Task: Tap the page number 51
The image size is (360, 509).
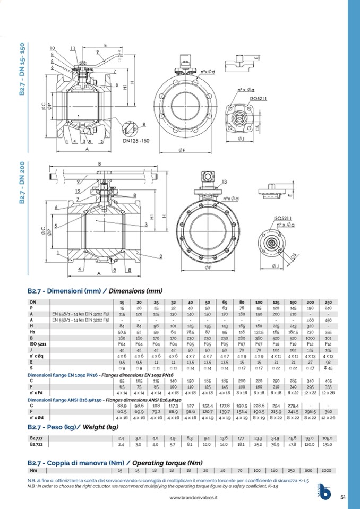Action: click(x=343, y=496)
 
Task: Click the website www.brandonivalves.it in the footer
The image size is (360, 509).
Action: click(x=194, y=498)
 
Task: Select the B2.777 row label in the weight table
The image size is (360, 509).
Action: click(x=37, y=438)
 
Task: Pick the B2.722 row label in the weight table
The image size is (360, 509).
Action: click(x=37, y=444)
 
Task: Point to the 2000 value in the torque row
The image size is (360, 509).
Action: click(x=326, y=470)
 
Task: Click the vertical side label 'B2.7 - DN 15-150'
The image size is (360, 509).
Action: click(x=22, y=69)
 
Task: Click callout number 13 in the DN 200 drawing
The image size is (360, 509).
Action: click(x=225, y=182)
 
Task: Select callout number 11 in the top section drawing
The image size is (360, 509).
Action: click(x=72, y=48)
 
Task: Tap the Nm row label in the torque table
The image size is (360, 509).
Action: click(x=33, y=470)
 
